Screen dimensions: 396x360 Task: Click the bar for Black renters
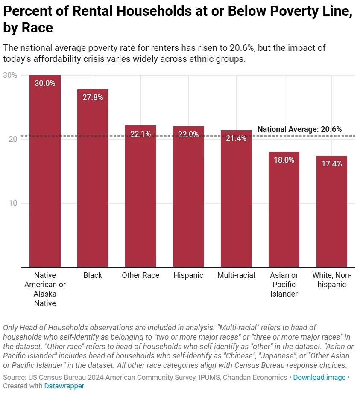(93, 179)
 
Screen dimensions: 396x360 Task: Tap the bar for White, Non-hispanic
(332, 213)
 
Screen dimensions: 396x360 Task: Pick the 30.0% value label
(45, 83)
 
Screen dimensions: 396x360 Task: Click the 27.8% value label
(93, 97)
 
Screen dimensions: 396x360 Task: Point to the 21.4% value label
(236, 138)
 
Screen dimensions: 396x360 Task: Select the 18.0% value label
(284, 160)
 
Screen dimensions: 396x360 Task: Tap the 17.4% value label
(332, 164)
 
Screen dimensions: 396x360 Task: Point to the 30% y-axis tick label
(10, 75)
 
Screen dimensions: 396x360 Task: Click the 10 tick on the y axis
(13, 203)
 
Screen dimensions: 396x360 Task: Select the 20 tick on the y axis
(13, 139)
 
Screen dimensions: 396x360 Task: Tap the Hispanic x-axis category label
(188, 275)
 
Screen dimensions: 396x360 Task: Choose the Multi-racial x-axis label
(236, 275)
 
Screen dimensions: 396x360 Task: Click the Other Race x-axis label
(140, 275)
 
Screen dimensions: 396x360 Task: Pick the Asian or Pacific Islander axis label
(284, 284)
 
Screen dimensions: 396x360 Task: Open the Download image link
(319, 377)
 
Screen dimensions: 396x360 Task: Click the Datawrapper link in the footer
(64, 386)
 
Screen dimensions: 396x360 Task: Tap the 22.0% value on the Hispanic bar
(188, 134)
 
